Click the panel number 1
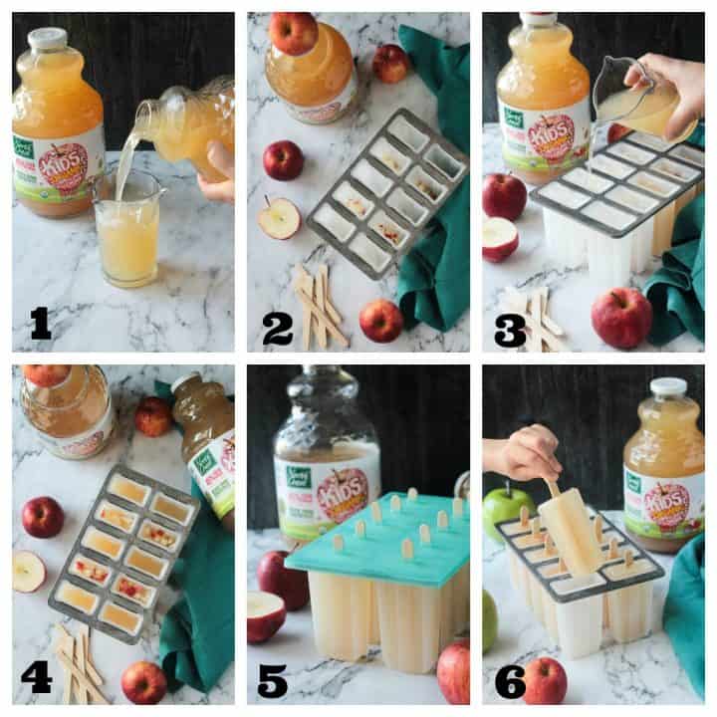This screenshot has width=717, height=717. [x=40, y=322]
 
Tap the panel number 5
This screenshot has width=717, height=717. [x=273, y=678]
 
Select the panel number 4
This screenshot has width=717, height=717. [x=36, y=676]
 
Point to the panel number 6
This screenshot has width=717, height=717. [x=509, y=680]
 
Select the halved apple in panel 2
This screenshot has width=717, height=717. [x=279, y=217]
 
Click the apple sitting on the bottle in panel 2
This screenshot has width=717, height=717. [x=293, y=33]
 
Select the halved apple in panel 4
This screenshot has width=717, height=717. [x=28, y=571]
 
